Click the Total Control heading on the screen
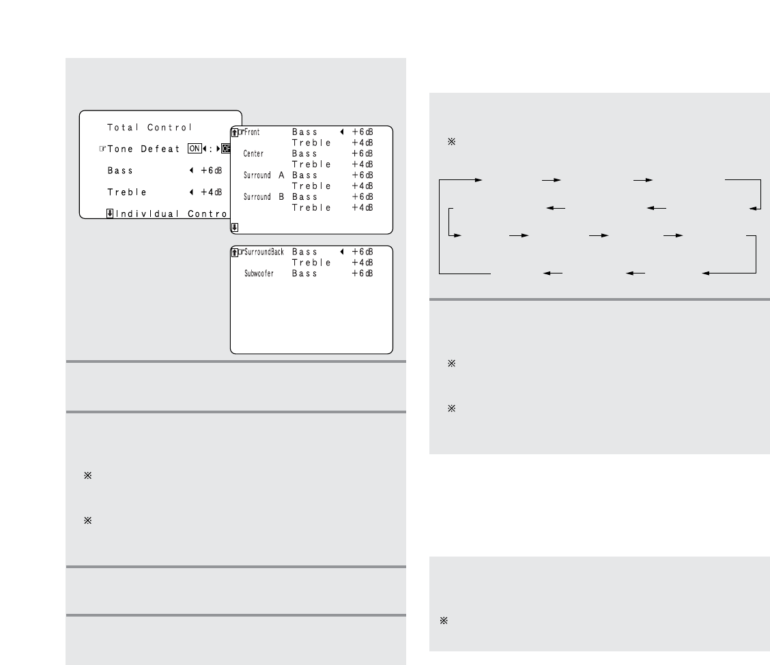coord(149,127)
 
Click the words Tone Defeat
coord(143,149)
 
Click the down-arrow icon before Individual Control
coord(109,213)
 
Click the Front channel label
coord(253,132)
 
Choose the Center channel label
coord(253,154)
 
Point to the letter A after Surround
coord(281,175)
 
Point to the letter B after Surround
coord(281,197)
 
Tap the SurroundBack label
coord(264,252)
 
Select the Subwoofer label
coord(259,274)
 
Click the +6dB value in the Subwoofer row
coord(362,274)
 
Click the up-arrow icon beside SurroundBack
coord(235,252)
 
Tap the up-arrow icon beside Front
coord(235,132)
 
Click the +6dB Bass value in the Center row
coord(362,154)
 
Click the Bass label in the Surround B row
coord(304,197)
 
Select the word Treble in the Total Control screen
coord(127,192)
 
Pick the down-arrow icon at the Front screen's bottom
coord(235,228)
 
